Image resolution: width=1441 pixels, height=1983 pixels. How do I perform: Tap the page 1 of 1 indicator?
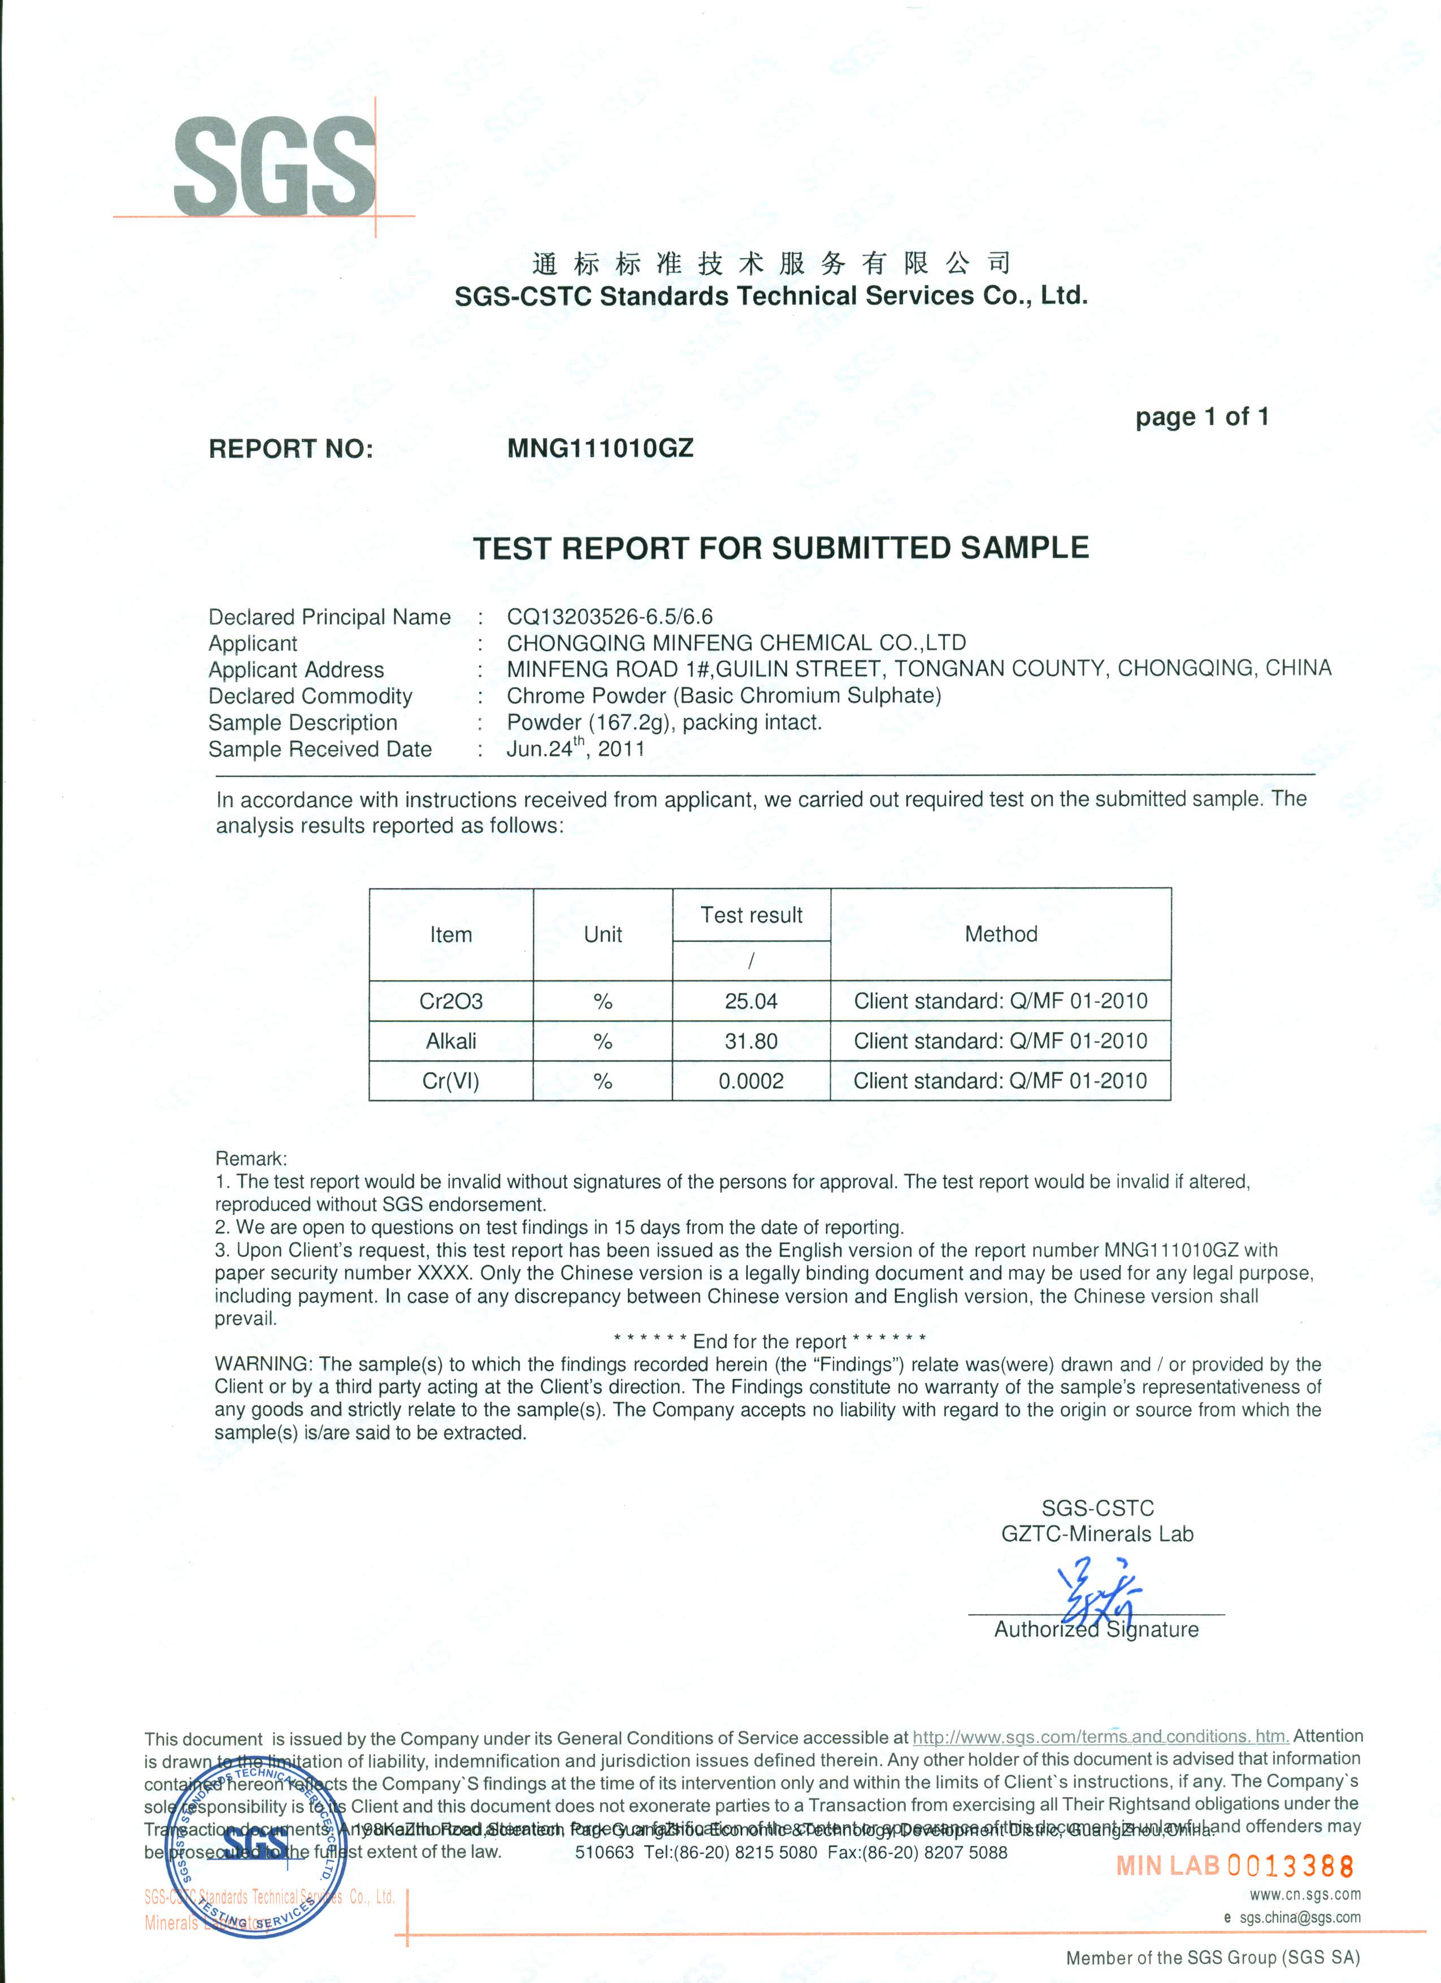coord(1201,417)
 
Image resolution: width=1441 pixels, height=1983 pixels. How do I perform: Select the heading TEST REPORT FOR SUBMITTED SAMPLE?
coord(781,548)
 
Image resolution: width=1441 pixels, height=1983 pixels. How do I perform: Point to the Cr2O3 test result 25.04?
coord(751,1001)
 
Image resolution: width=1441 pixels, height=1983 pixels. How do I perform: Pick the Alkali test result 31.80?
coord(751,1041)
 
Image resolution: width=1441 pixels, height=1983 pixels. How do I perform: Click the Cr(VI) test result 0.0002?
coord(751,1081)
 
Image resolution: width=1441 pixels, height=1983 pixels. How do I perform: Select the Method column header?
coord(1000,934)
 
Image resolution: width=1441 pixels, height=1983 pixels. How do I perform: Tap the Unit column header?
coord(602,934)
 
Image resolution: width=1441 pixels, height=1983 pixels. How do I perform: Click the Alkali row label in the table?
coord(451,1041)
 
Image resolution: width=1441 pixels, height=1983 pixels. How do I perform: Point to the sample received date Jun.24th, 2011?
coord(575,749)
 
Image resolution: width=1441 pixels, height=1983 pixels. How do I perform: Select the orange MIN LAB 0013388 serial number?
coord(1235,1866)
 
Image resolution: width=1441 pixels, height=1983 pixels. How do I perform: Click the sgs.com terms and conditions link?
coord(1100,1737)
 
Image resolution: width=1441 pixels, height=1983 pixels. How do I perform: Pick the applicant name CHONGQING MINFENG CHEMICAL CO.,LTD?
coord(736,643)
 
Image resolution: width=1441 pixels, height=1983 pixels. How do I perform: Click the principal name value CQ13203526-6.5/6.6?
coord(609,616)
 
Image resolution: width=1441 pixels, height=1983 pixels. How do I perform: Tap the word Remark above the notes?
coord(250,1159)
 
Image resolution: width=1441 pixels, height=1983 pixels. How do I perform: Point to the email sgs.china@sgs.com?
coord(1299,1917)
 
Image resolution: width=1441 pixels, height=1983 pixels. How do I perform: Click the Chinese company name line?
coord(771,262)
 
